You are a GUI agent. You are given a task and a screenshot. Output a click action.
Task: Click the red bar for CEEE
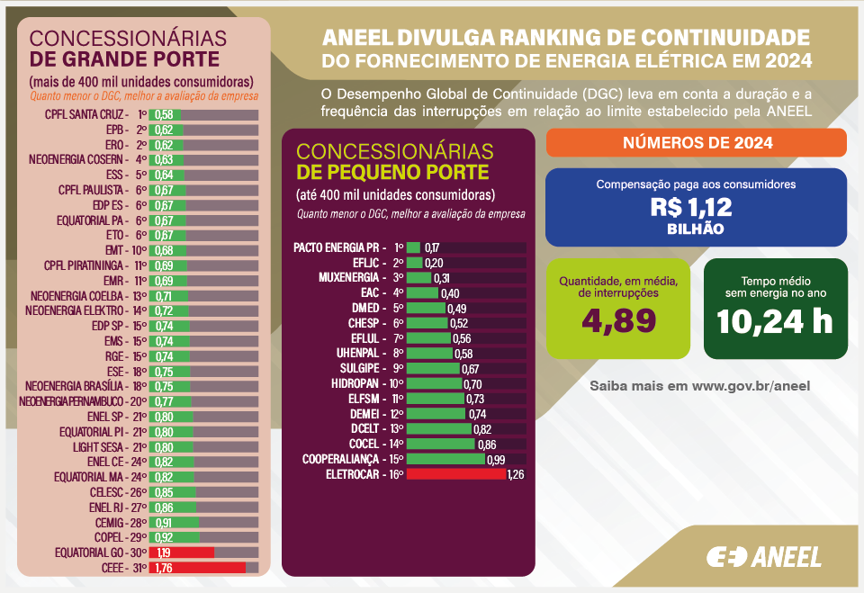pyautogui.click(x=198, y=568)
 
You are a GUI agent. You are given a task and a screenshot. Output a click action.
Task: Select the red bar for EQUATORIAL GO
pyautogui.click(x=183, y=553)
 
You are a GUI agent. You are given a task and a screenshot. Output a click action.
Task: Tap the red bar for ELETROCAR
pyautogui.click(x=456, y=474)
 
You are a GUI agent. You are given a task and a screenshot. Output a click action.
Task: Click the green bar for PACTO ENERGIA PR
pyautogui.click(x=414, y=247)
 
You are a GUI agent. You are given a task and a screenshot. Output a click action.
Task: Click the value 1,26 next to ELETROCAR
pyautogui.click(x=516, y=474)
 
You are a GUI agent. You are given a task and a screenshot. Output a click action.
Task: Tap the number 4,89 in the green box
pyautogui.click(x=620, y=319)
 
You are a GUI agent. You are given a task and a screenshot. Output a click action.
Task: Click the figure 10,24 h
pyautogui.click(x=775, y=320)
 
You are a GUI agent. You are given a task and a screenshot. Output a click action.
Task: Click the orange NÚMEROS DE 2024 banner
pyautogui.click(x=696, y=143)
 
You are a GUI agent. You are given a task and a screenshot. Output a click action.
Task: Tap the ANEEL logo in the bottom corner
pyautogui.click(x=764, y=557)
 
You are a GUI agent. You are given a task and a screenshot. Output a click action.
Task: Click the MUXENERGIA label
pyautogui.click(x=350, y=278)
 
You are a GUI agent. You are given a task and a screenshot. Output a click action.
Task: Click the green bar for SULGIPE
pyautogui.click(x=433, y=368)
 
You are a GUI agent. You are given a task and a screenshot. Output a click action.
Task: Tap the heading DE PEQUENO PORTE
pyautogui.click(x=393, y=173)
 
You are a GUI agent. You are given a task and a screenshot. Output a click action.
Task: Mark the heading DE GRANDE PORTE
pyautogui.click(x=124, y=59)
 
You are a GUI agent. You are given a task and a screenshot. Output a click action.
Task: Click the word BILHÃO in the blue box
pyautogui.click(x=695, y=229)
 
